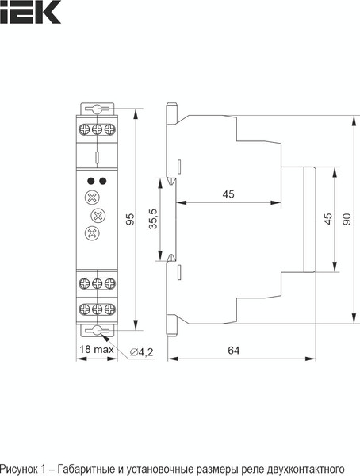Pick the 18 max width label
pos(95,350)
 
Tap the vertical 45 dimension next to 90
pos(327,218)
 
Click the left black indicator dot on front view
pos(91,181)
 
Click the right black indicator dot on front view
pos(102,181)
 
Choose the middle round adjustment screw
pos(98,215)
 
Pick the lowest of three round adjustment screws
pos(92,232)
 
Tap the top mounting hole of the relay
pos(97,109)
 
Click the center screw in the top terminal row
pos(97,129)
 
